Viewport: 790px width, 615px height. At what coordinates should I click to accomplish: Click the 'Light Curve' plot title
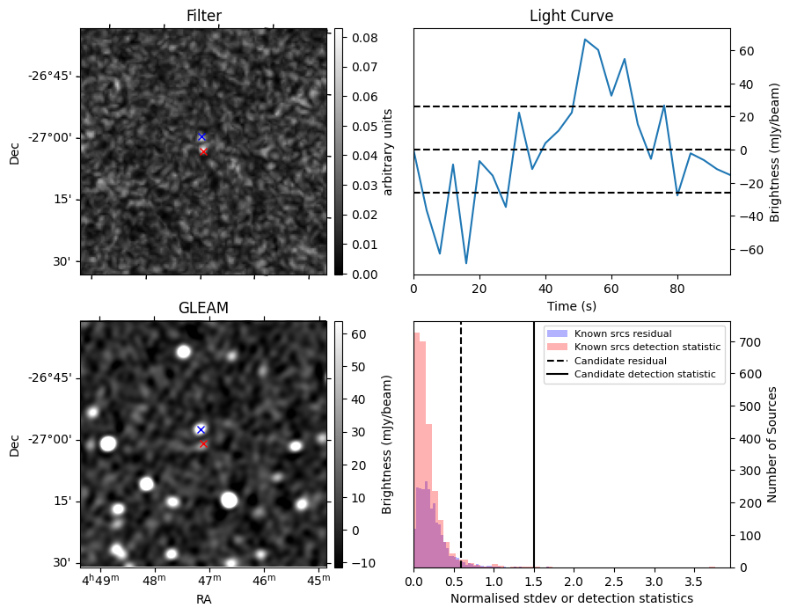[571, 16]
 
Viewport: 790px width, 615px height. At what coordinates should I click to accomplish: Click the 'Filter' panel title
[204, 16]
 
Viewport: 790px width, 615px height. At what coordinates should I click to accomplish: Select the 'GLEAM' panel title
[204, 308]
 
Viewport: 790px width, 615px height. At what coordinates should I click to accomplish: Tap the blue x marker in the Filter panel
[201, 136]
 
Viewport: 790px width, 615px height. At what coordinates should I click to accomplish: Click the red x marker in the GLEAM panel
[203, 443]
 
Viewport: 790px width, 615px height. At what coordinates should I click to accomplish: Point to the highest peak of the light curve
[584, 40]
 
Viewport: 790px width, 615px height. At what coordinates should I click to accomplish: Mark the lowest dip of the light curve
[466, 263]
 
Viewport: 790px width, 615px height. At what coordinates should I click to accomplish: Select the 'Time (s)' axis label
[571, 304]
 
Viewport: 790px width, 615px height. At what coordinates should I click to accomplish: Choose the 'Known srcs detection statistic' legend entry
[647, 348]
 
